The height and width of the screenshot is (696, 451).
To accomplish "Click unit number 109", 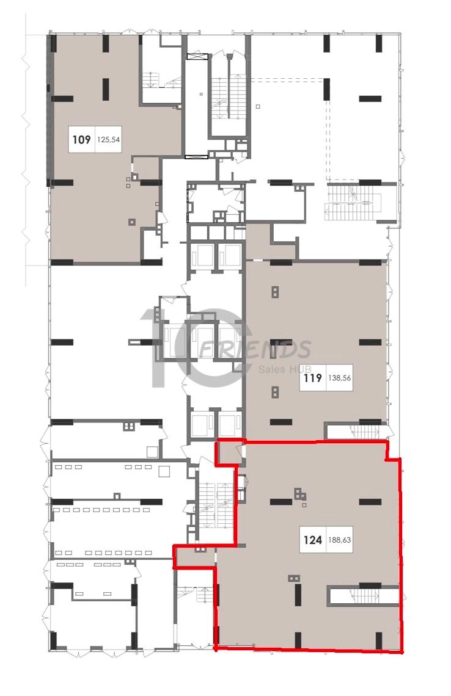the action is pos(82,140).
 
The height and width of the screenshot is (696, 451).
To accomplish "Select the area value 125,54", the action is pos(109,140).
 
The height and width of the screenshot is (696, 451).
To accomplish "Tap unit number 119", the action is pos(313,378).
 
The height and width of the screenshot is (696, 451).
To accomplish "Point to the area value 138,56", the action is pos(340,378).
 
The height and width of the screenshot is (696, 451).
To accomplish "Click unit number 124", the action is pos(313,540).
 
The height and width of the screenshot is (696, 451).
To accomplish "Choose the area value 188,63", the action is pos(340,540).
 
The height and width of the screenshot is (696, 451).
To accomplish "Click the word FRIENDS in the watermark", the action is pos(255,349).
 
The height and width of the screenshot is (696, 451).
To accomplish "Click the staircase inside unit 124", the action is pos(364,595).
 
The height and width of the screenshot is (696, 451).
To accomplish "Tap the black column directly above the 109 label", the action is pos(106,89).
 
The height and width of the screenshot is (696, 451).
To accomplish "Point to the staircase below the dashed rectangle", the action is pos(354,201).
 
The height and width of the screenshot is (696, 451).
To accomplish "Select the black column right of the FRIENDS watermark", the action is pos(370,343).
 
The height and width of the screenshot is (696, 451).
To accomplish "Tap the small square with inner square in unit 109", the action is pos(131,222).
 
